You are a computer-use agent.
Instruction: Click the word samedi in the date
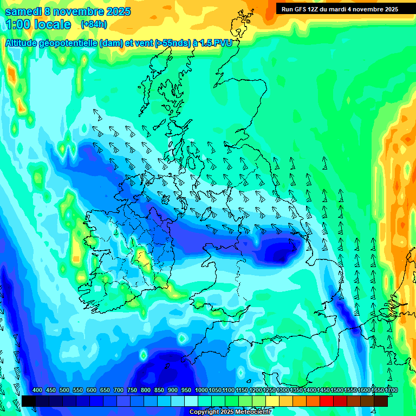coord(22,11)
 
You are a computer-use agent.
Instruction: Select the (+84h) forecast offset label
coord(93,24)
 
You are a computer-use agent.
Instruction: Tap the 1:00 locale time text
coord(38,24)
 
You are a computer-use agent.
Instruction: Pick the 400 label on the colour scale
coord(37,391)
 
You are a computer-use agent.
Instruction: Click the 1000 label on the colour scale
coord(201,391)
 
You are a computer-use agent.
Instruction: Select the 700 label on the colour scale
coord(119,391)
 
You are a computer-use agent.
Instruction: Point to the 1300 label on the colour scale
coord(283,391)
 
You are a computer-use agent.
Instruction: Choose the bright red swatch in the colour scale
coord(326,401)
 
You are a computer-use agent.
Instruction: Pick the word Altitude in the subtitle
coord(21,43)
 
